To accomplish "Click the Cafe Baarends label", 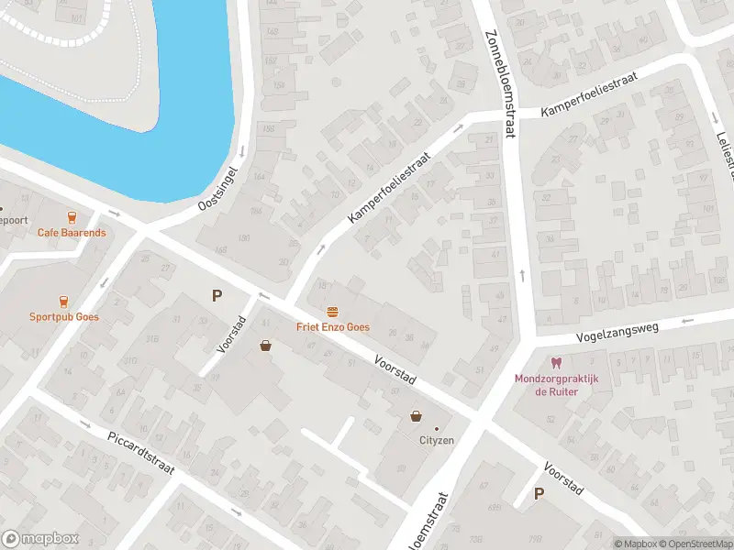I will (72, 233).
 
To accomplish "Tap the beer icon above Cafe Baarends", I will (72, 217).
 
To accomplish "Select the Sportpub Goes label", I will (63, 316).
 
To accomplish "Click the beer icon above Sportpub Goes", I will (63, 301).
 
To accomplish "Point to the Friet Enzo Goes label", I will (332, 327).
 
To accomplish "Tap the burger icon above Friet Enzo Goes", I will (332, 312).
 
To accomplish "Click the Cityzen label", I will (437, 440).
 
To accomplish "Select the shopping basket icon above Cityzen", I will (417, 416).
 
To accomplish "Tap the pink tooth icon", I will (555, 363).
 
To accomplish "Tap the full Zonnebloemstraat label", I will (498, 83).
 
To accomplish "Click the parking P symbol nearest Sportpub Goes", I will (217, 295).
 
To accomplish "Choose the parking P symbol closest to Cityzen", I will (539, 494).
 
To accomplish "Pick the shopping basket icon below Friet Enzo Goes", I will (266, 346).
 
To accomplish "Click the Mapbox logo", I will (40, 539).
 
